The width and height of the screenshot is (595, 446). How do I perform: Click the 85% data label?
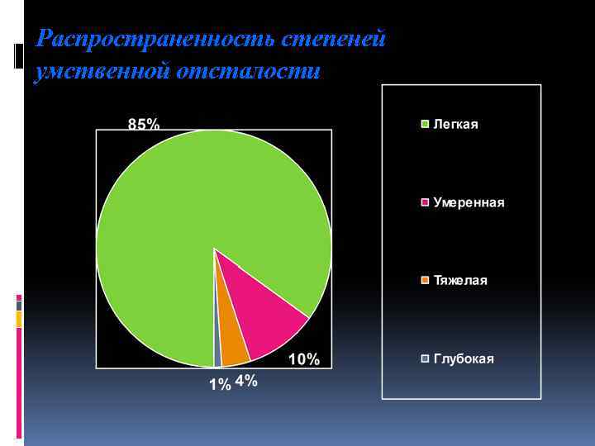tap(144, 124)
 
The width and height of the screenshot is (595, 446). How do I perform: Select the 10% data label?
tap(303, 358)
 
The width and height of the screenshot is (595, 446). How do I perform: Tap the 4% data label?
tap(246, 381)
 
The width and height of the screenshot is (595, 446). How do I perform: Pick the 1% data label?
tap(220, 384)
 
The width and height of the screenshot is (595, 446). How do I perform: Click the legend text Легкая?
tap(455, 125)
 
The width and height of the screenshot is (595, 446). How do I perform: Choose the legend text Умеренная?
tap(469, 202)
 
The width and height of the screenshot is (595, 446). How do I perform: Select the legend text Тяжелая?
tap(460, 281)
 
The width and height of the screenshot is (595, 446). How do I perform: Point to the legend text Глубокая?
tap(464, 358)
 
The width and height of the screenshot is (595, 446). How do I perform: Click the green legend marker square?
tap(426, 125)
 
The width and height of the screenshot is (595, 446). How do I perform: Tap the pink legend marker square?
tap(426, 202)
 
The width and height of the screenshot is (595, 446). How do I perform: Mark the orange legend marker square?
tap(426, 281)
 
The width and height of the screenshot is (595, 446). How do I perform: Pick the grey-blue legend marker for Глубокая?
tap(426, 358)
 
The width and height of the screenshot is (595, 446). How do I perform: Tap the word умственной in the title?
tap(101, 72)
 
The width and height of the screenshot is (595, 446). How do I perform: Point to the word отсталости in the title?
tap(248, 72)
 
